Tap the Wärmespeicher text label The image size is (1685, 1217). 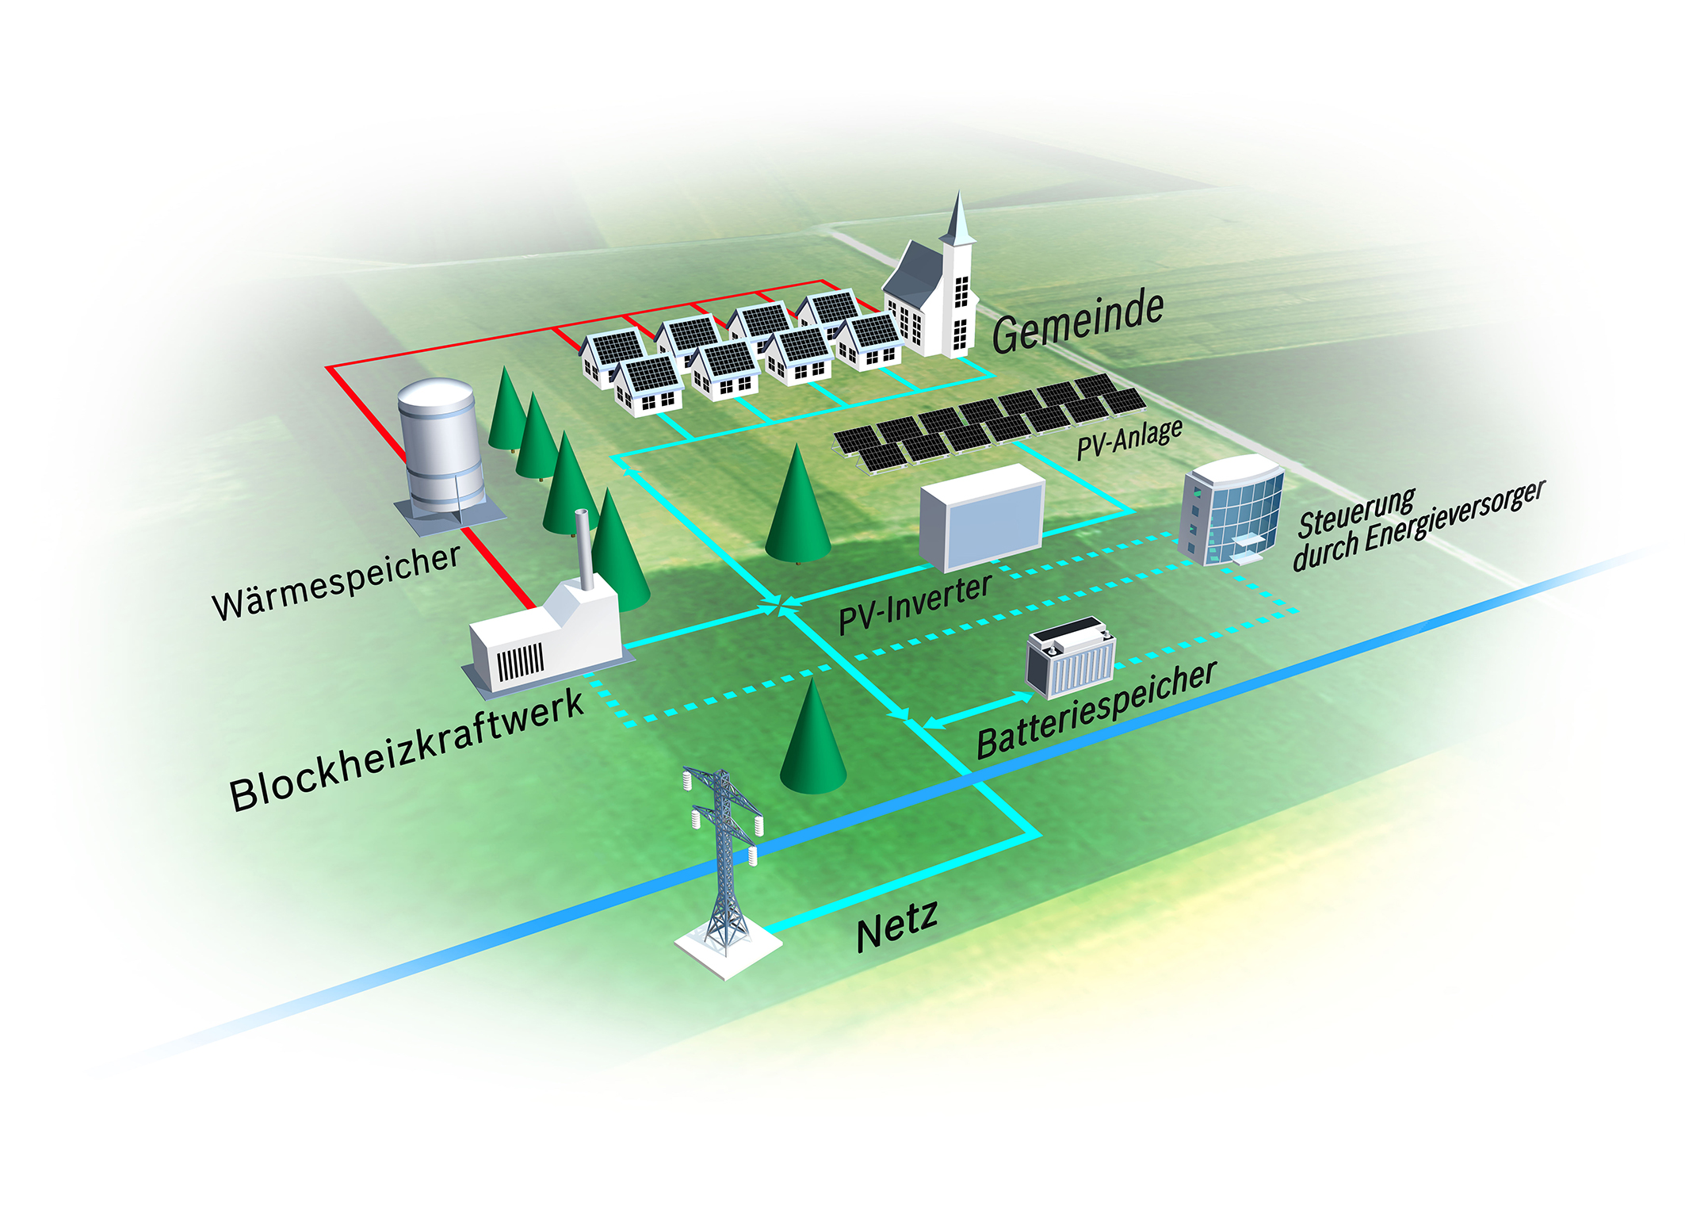pyautogui.click(x=336, y=582)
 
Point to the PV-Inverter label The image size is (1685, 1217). pyautogui.click(x=915, y=604)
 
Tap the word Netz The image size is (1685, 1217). pyautogui.click(x=897, y=926)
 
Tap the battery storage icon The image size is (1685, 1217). pyautogui.click(x=1070, y=658)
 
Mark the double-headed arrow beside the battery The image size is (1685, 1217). pyautogui.click(x=980, y=710)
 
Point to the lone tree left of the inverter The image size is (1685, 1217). pyautogui.click(x=797, y=507)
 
